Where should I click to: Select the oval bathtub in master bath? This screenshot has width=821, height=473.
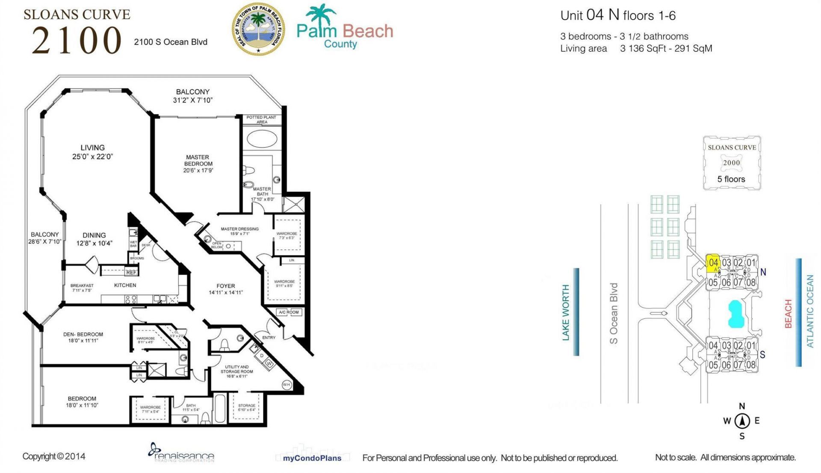click(262, 139)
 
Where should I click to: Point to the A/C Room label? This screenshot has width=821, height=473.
click(289, 312)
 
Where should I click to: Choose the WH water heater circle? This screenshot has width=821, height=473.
click(286, 385)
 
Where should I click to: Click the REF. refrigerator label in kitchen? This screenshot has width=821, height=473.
click(131, 272)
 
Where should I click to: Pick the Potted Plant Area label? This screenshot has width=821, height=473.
click(261, 119)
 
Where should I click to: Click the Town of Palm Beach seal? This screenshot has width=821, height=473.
click(258, 29)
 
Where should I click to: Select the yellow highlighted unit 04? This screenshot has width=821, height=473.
click(713, 263)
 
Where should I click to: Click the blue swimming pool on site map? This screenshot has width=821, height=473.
click(736, 314)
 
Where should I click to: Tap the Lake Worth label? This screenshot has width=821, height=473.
click(566, 312)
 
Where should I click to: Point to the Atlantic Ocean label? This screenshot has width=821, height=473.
click(810, 311)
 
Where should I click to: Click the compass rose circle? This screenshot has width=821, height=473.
click(742, 421)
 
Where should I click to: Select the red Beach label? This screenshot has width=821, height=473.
click(789, 314)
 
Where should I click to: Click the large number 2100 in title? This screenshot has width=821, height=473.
click(77, 40)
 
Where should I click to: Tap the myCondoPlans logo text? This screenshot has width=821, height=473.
click(312, 458)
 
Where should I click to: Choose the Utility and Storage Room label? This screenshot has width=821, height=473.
click(236, 371)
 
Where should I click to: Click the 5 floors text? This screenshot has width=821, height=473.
click(731, 179)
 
